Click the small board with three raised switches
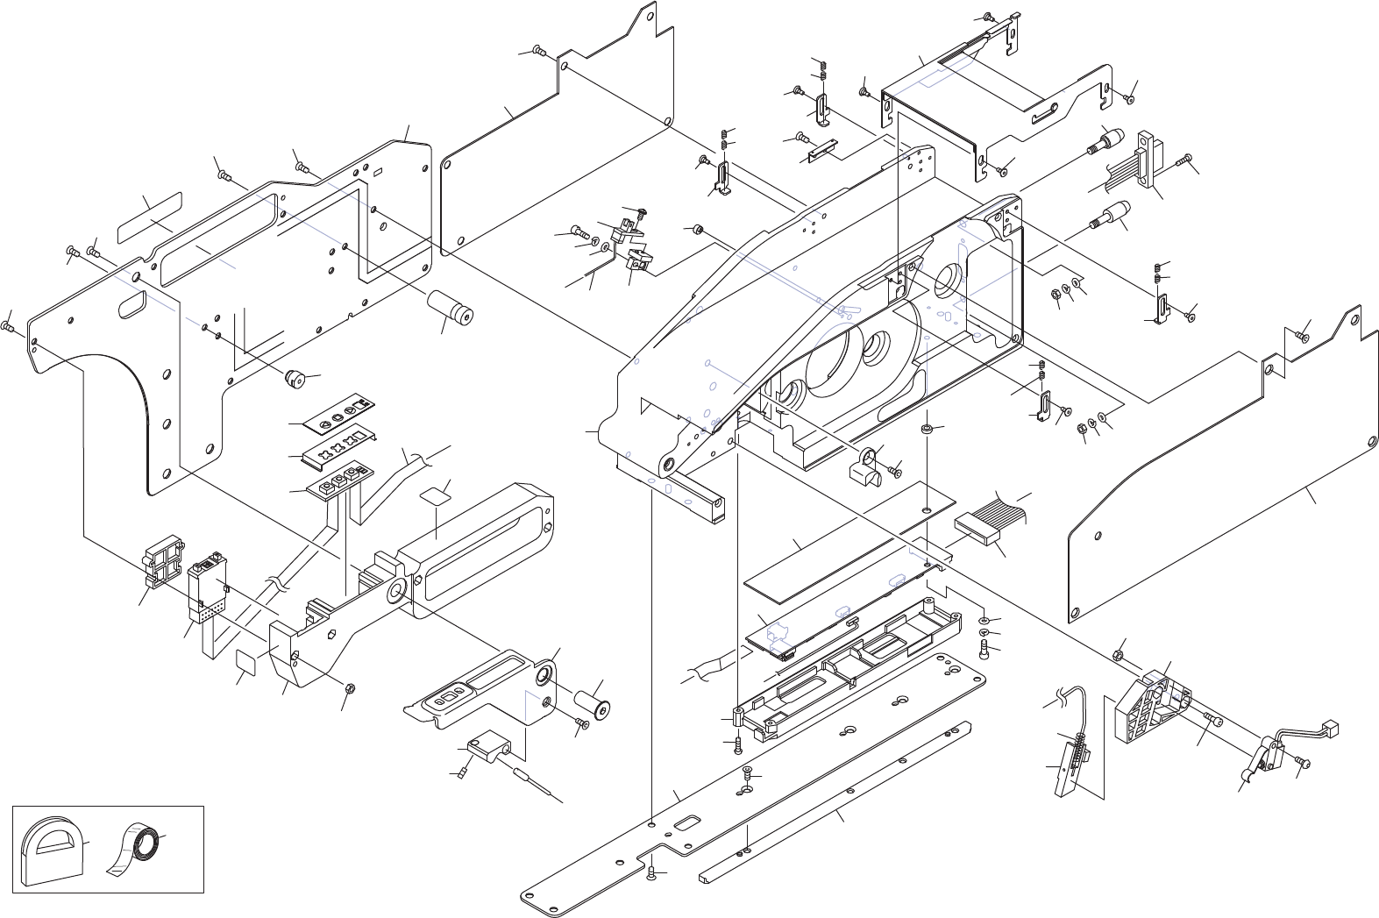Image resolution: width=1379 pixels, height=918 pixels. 338,478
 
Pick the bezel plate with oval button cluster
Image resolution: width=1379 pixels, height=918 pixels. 478,693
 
